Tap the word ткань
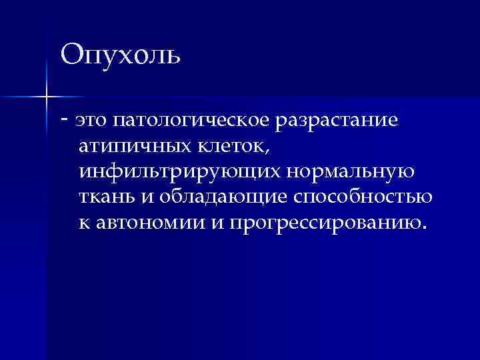tap(105, 197)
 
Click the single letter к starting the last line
tap(83, 223)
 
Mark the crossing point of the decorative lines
tap(46, 97)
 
